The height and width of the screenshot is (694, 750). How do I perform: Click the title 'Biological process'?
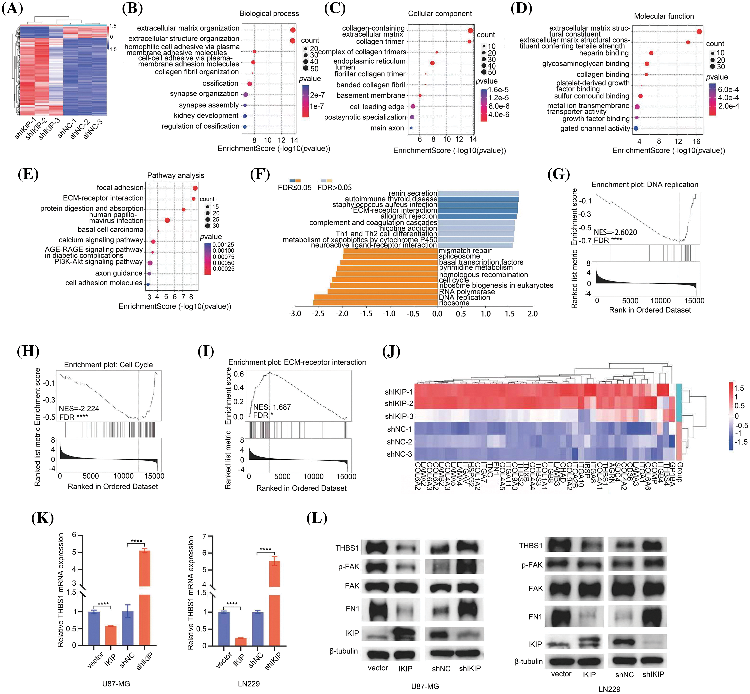tap(269, 13)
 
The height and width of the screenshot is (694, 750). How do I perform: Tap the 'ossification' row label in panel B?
tap(220, 83)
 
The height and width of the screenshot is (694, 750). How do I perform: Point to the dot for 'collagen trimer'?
tap(469, 41)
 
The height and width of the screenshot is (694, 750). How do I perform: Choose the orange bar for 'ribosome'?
tap(375, 303)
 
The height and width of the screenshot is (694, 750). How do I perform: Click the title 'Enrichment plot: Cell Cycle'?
tap(108, 365)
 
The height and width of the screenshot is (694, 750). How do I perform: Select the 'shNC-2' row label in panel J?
tap(399, 442)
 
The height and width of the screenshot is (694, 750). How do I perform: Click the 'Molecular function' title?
tap(664, 16)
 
